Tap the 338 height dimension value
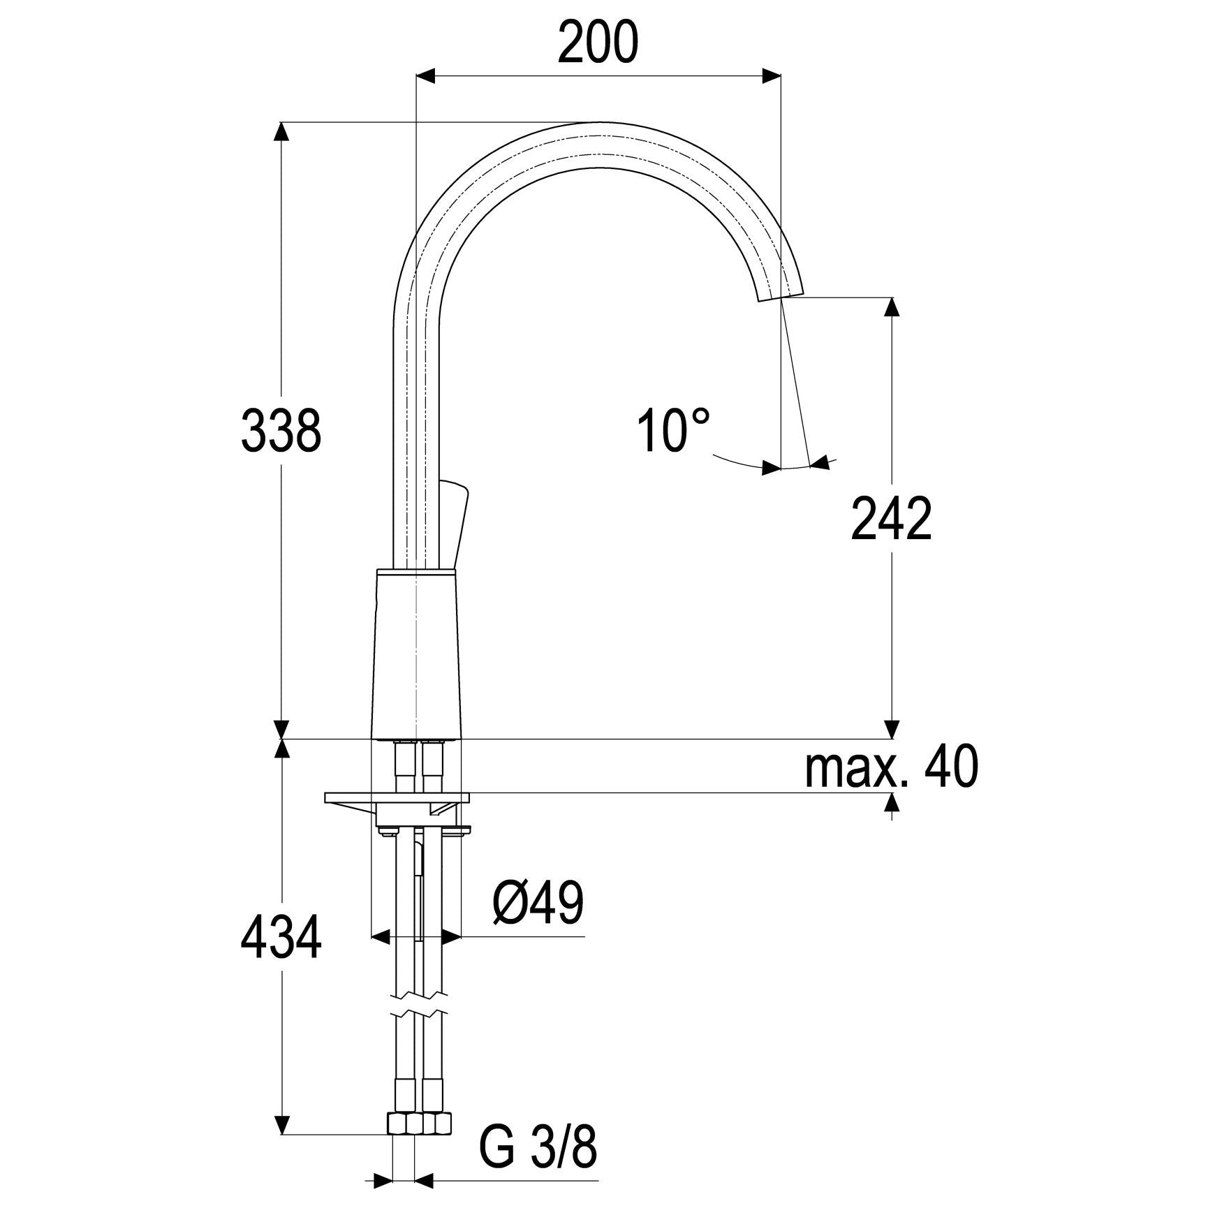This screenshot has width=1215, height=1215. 281,431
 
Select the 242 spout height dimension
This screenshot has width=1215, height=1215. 891,519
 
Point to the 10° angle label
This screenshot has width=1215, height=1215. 673,430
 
